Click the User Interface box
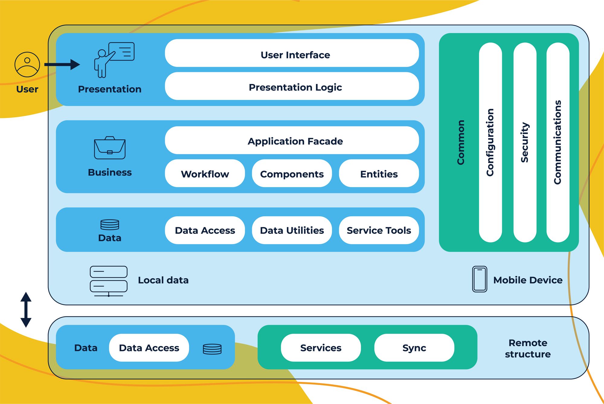click(x=292, y=53)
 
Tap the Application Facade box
click(x=292, y=141)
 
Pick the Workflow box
click(x=205, y=173)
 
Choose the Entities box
click(x=379, y=173)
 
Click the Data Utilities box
click(x=292, y=230)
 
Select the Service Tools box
click(x=379, y=230)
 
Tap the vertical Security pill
click(x=525, y=142)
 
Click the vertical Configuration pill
click(x=490, y=142)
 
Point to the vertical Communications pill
click(x=558, y=142)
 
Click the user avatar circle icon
click(x=27, y=64)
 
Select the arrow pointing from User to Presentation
click(x=62, y=64)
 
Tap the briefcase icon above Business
click(x=110, y=148)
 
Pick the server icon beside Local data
click(x=108, y=281)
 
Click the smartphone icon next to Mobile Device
click(x=480, y=279)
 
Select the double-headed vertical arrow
click(x=26, y=309)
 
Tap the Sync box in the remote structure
click(x=414, y=347)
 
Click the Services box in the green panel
click(x=321, y=347)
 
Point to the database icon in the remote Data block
click(x=212, y=349)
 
